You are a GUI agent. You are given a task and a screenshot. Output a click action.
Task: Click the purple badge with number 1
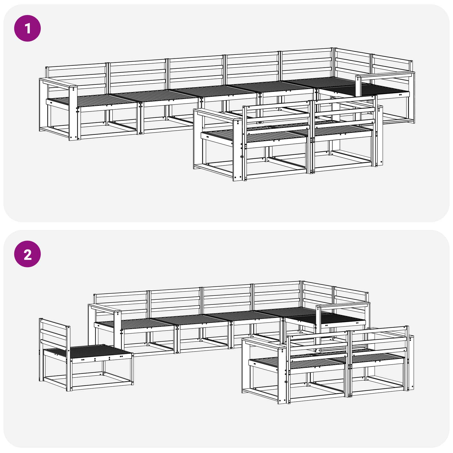(x=27, y=28)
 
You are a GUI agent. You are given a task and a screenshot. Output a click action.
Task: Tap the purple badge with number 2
(x=27, y=254)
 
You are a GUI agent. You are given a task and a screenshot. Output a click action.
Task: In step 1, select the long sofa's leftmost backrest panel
(x=76, y=75)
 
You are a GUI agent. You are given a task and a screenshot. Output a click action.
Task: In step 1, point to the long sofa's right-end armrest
(x=385, y=75)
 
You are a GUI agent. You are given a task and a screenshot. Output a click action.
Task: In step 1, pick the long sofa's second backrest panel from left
(x=137, y=72)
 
